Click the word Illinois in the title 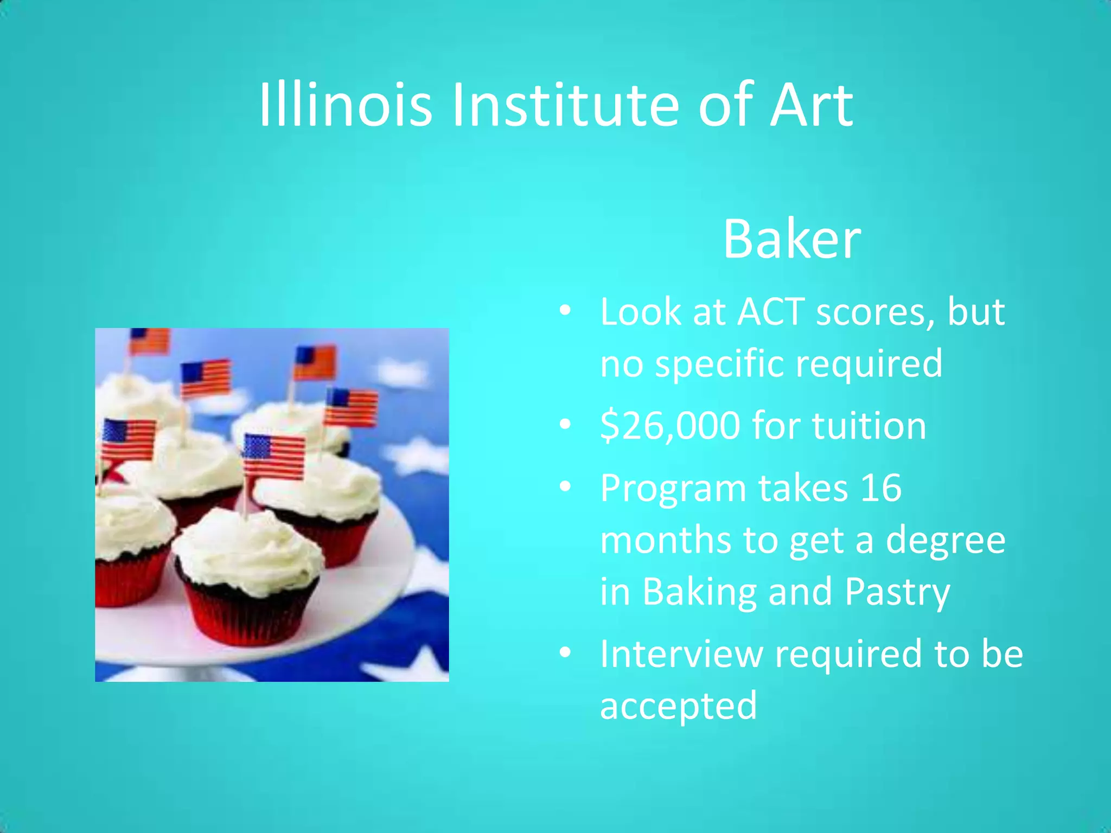(345, 104)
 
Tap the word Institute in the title (565, 104)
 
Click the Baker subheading (791, 239)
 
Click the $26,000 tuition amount (670, 426)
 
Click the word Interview (681, 653)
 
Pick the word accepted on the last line (678, 706)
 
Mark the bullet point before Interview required (565, 653)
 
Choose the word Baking (699, 592)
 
